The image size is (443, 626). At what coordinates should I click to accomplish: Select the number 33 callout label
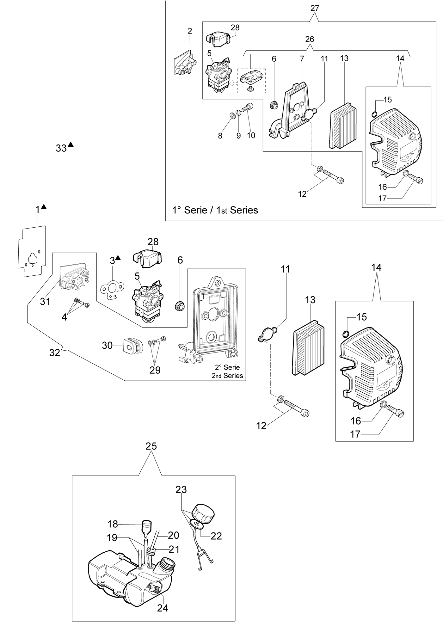(x=61, y=148)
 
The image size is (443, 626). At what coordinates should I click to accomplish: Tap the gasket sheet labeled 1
(x=32, y=252)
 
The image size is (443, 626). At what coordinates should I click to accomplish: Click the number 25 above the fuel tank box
(x=151, y=446)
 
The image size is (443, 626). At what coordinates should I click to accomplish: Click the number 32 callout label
(x=55, y=353)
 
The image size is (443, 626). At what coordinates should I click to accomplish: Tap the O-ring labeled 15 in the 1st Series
(x=374, y=114)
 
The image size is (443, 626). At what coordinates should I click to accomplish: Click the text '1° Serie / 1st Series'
(x=215, y=210)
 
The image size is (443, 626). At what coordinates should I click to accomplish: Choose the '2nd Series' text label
(x=227, y=376)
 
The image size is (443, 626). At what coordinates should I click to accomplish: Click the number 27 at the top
(x=315, y=8)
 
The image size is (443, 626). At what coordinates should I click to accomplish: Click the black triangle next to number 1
(x=44, y=206)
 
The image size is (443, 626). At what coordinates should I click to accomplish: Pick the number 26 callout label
(x=310, y=39)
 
